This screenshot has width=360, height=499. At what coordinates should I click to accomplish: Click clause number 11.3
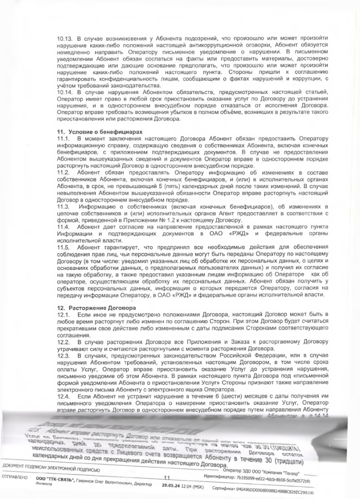63,207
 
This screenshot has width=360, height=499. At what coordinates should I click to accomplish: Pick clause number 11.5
63,247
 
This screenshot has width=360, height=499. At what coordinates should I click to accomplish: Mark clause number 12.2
63,343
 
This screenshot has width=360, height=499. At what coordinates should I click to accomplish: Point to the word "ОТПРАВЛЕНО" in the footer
15,478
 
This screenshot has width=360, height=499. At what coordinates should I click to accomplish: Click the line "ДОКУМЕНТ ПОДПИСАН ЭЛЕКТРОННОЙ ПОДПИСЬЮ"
51,469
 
